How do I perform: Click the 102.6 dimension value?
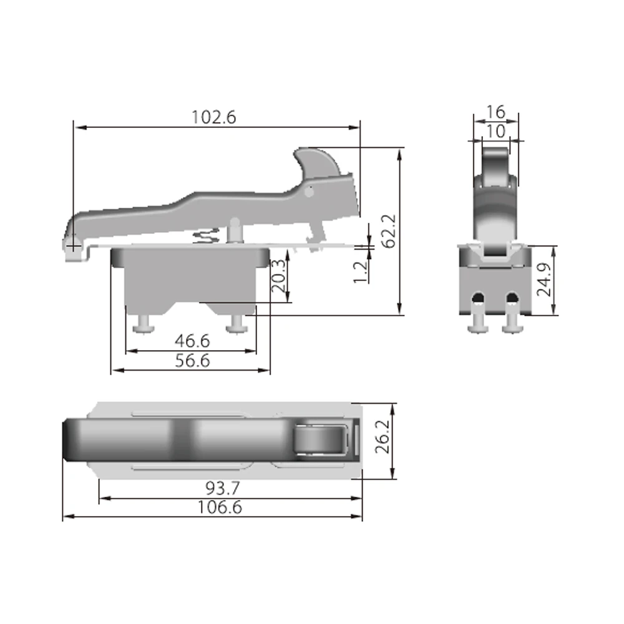214,117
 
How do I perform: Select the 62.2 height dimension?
389,231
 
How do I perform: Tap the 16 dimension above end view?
495,112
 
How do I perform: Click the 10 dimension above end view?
495,131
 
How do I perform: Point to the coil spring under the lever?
207,237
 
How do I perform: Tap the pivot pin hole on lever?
308,193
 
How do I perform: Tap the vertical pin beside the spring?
235,229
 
